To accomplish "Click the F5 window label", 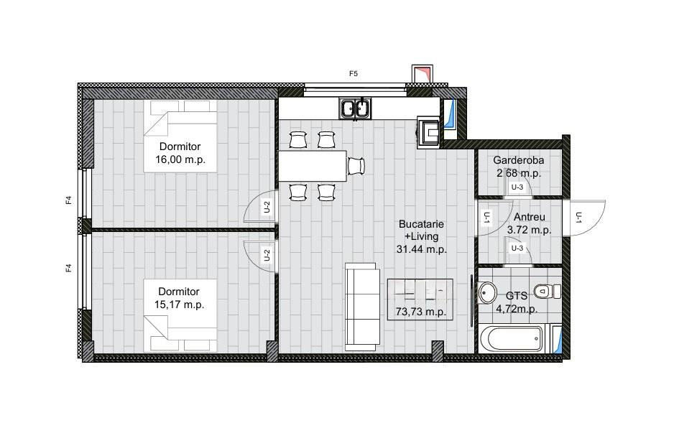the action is pos(353,74).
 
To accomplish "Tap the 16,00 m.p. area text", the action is pos(180,160).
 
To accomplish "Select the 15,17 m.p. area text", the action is pos(179,305).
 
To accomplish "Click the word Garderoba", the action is pos(518,160).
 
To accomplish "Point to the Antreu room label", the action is pos(530,217).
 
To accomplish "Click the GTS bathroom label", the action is pos(517,296).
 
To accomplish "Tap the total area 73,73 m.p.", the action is pos(420,312).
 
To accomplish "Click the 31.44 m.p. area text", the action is pos(421,249).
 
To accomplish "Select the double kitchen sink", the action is pos(355,109).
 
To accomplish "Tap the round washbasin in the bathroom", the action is pos(488,292).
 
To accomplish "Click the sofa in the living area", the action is pos(363,307).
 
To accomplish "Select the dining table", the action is pos(313,166).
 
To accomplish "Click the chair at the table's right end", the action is pos(356,166).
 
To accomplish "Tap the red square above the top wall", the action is pos(422,74).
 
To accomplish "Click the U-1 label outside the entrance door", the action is pos(578,217).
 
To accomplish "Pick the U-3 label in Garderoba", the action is pos(517,187).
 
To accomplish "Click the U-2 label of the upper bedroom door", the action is pos(267,207).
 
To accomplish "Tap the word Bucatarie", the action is pos(421,224).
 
